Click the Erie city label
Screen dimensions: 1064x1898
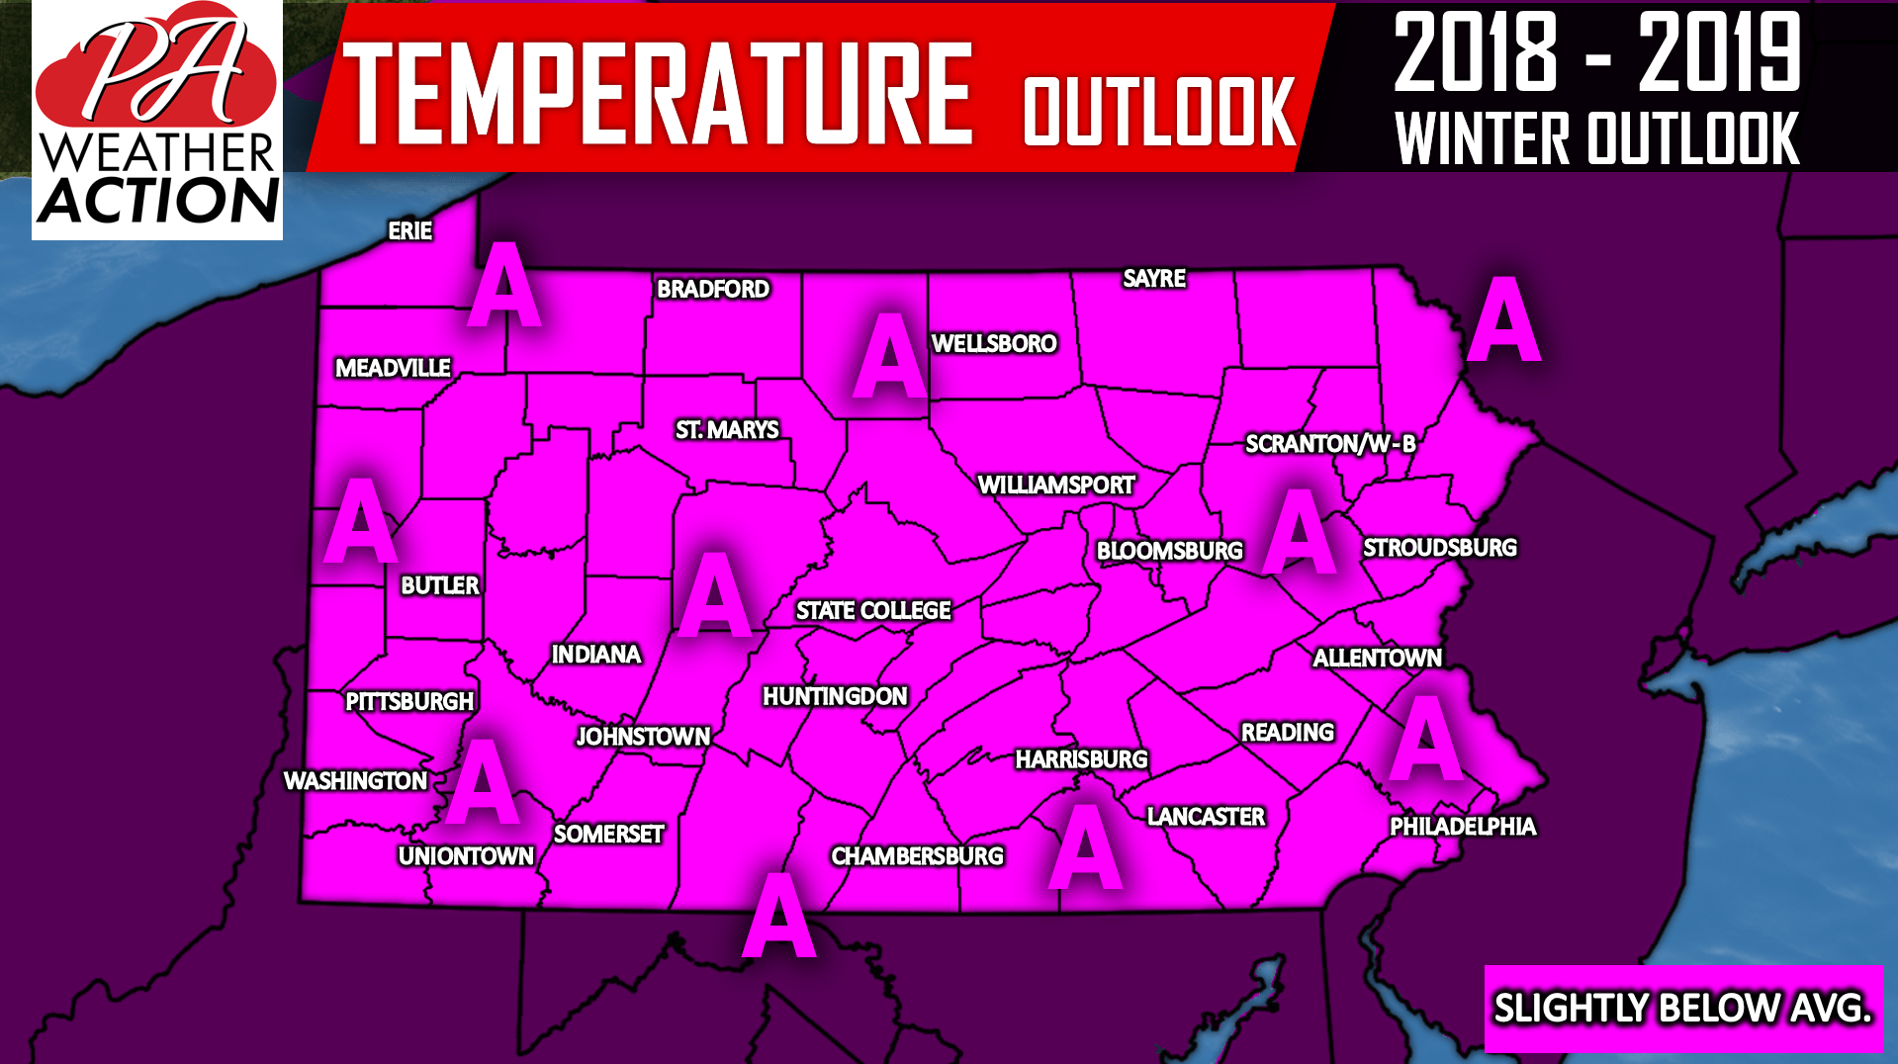(x=409, y=231)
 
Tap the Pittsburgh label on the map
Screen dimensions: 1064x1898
(x=408, y=702)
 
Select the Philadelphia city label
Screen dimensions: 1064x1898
(x=1462, y=827)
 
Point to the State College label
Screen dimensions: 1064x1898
(x=873, y=611)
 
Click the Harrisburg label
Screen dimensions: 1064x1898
(x=1081, y=759)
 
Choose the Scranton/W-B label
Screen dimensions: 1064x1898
(x=1329, y=444)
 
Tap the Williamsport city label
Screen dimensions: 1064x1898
(x=1055, y=486)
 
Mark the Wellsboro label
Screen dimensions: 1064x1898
(x=994, y=344)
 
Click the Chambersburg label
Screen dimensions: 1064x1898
(x=917, y=856)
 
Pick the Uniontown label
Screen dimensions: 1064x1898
(x=466, y=856)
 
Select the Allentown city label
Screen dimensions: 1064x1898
(x=1377, y=659)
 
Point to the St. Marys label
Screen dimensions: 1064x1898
(x=727, y=430)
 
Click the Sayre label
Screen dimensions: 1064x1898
(x=1154, y=279)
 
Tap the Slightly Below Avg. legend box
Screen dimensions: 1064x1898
(x=1681, y=1009)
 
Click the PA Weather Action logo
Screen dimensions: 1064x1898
(x=157, y=121)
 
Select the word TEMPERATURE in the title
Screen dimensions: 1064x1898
(x=658, y=94)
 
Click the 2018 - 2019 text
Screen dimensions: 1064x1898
(x=1596, y=54)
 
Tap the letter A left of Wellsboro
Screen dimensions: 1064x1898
(x=889, y=356)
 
